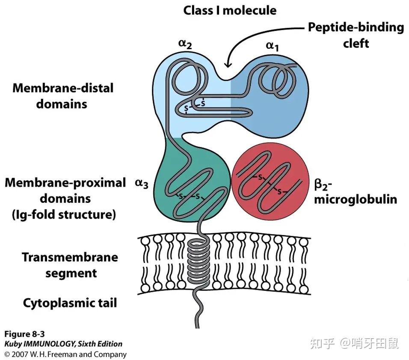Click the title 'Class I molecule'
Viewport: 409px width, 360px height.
[230, 10]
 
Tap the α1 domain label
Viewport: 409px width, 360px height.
[273, 46]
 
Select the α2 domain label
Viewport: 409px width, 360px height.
[185, 44]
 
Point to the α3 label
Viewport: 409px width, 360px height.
[142, 184]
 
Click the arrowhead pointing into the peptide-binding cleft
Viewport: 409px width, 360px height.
[228, 63]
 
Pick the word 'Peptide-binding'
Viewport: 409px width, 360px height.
[356, 27]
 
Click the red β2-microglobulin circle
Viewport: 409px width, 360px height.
[270, 181]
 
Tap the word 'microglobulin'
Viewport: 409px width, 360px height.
[356, 199]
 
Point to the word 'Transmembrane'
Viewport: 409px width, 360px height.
[70, 257]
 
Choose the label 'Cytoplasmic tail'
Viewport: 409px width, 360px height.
[70, 303]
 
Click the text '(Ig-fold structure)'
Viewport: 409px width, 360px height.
[64, 215]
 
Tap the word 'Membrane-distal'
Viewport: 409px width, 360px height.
[63, 88]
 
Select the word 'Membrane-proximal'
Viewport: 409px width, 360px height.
[65, 183]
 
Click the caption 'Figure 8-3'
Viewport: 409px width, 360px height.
[24, 334]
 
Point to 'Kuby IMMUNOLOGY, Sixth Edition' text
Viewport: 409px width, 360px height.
[63, 344]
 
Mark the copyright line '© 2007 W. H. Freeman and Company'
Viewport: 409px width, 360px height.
[65, 354]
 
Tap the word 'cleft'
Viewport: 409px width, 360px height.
[356, 43]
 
